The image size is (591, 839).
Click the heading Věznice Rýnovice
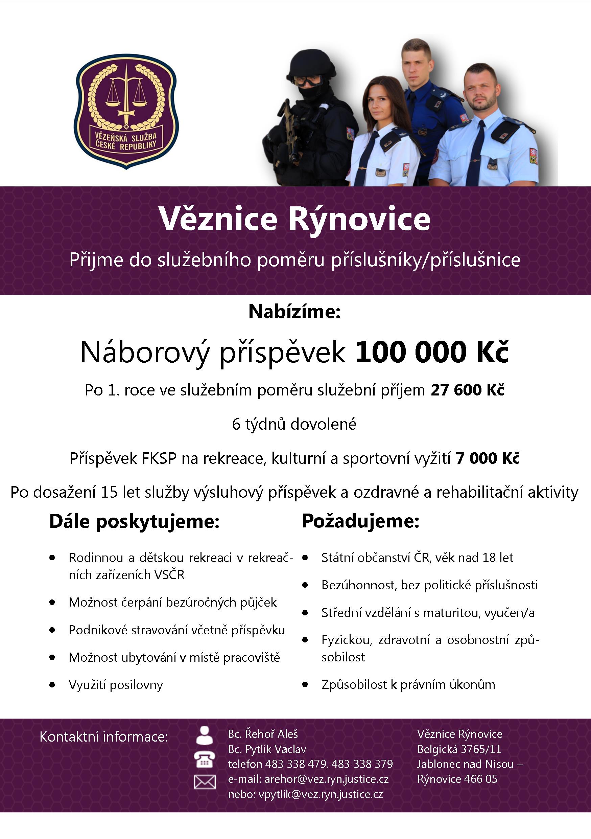[x=294, y=219]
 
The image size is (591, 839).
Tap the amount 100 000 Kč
[x=432, y=352]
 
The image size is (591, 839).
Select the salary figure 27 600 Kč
[x=467, y=390]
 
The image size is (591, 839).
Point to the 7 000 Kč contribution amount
[x=487, y=458]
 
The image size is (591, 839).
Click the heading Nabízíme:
[x=294, y=312]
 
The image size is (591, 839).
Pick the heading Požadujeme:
[x=360, y=521]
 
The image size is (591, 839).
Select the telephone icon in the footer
[x=205, y=759]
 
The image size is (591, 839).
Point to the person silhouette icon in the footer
[x=205, y=735]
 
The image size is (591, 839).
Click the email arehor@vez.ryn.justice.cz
[x=326, y=779]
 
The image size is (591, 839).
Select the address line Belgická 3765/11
[x=459, y=749]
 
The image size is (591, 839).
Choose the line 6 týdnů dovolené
[x=294, y=424]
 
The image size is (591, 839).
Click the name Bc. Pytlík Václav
[x=267, y=749]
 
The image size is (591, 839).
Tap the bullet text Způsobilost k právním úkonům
[x=408, y=684]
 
